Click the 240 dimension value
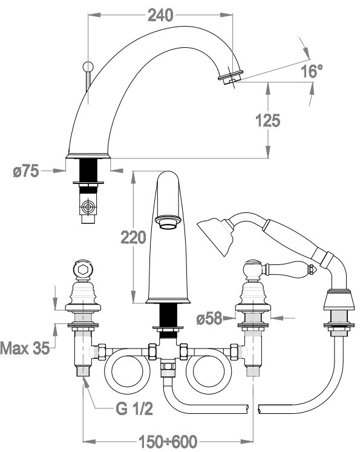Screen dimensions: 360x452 click(x=160, y=15)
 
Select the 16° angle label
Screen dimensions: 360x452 click(x=312, y=71)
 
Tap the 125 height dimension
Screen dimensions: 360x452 click(x=268, y=120)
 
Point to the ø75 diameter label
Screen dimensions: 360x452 click(x=25, y=171)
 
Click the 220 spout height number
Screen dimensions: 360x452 click(x=133, y=238)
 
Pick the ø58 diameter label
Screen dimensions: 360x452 click(x=209, y=318)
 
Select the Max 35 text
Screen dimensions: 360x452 click(x=25, y=348)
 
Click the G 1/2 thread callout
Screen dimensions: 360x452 click(x=134, y=409)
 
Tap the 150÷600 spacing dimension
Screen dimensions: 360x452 click(x=168, y=441)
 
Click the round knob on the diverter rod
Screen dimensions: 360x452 click(x=88, y=67)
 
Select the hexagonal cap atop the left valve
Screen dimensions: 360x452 click(x=83, y=269)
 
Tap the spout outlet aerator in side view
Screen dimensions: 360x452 click(x=231, y=76)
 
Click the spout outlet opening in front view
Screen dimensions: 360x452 click(x=168, y=222)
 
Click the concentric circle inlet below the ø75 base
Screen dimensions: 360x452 click(x=88, y=207)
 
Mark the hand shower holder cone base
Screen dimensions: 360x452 click(x=339, y=300)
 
